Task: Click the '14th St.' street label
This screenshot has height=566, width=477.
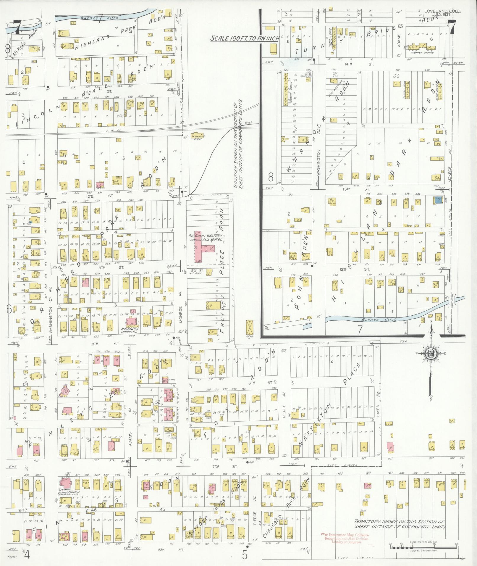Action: click(x=368, y=64)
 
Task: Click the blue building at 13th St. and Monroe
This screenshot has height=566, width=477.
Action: click(x=438, y=200)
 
